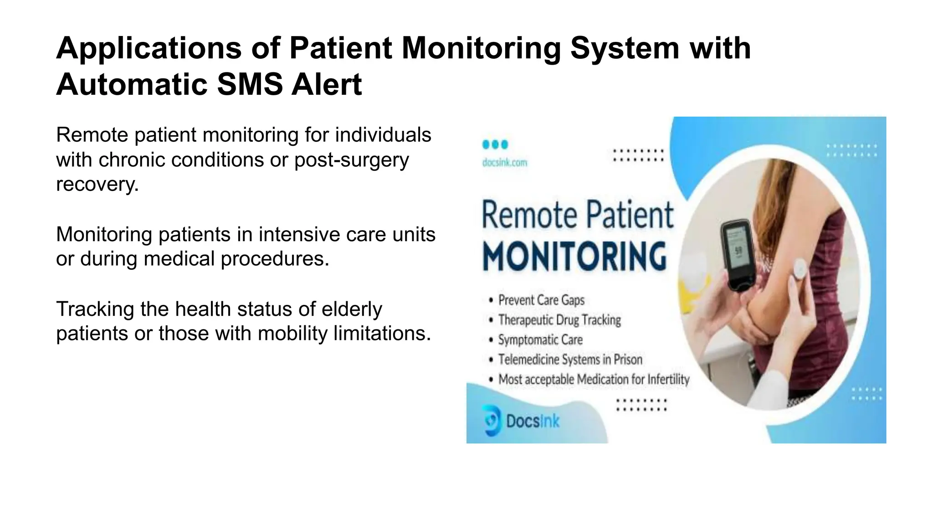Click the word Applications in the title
tap(149, 49)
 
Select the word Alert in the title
tap(326, 85)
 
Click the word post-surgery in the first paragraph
tap(351, 160)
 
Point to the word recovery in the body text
tap(97, 185)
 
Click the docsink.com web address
tap(505, 163)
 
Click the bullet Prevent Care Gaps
tap(541, 300)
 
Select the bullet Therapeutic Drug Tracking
tap(559, 320)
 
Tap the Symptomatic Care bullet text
tap(540, 340)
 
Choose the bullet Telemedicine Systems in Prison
tap(570, 360)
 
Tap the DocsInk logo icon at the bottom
tap(492, 420)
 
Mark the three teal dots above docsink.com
tap(495, 144)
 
